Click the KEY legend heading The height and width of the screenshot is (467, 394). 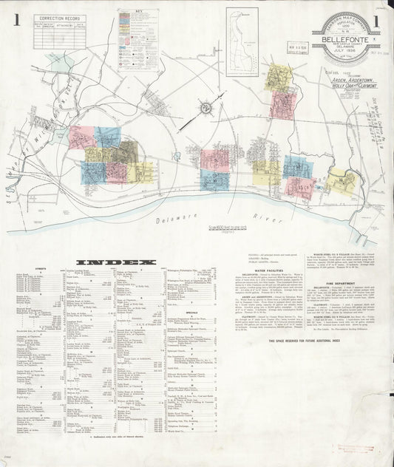click(138, 13)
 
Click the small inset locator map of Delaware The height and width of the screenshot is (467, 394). click(242, 32)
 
